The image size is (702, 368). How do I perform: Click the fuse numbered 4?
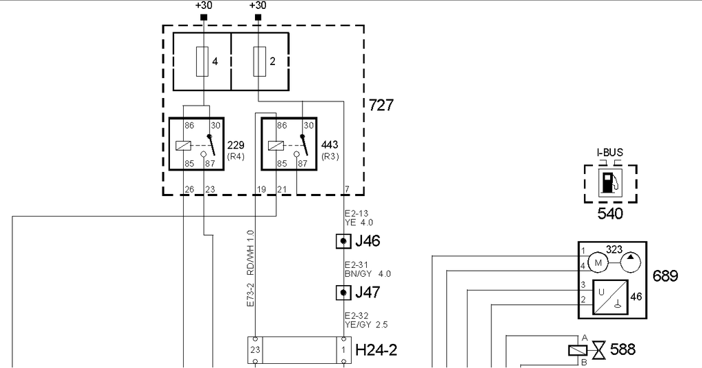pos(202,62)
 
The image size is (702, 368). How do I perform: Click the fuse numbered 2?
pos(260,62)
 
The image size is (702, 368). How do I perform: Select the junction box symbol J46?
pos(343,241)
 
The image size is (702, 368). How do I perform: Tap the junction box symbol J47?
pos(343,293)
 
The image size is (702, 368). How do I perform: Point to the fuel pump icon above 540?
pos(610,182)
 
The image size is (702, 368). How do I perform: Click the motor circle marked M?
pos(598,262)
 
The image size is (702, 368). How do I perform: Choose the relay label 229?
pos(236,145)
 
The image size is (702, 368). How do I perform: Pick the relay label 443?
pos(330,145)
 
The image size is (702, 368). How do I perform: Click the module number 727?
pos(381,106)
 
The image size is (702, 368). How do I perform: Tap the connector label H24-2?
pos(376,349)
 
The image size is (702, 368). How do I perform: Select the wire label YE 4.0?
pos(359,222)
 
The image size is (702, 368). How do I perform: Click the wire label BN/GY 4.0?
pos(367,273)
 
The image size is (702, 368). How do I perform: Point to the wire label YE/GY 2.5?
pos(366,325)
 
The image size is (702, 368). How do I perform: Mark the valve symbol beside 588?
pos(598,349)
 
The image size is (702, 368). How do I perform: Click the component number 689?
pos(665,275)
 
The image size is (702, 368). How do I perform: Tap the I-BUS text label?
pos(609,153)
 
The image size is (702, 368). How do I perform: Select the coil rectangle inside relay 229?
pos(183,145)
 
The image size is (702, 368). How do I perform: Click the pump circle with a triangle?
pos(631,262)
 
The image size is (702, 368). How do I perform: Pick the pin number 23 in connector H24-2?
pos(255,350)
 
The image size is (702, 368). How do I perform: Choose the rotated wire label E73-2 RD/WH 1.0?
pos(250,269)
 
